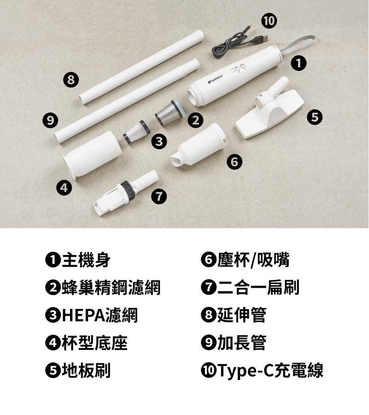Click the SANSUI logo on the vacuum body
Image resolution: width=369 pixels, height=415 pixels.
(215, 79)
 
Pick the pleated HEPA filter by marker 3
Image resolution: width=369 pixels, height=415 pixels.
(137, 131)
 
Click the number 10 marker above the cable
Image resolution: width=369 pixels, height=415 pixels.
(269, 21)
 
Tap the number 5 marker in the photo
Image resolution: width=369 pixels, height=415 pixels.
(315, 117)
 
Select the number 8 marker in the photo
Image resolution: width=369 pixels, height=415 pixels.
(71, 79)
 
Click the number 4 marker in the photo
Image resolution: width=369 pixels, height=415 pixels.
(64, 188)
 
